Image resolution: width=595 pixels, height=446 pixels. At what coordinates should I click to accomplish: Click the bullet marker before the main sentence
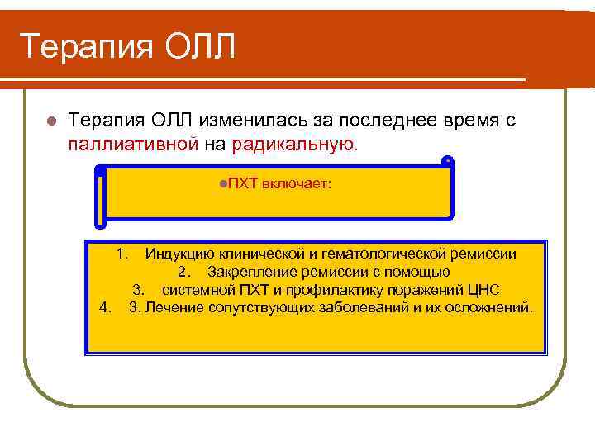pyautogui.click(x=50, y=121)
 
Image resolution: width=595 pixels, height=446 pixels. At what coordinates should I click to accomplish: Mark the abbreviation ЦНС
pyautogui.click(x=483, y=290)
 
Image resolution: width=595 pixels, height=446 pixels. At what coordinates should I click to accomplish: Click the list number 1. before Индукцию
pyautogui.click(x=121, y=254)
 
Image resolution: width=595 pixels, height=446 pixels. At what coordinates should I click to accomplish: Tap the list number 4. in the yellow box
pyautogui.click(x=105, y=308)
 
